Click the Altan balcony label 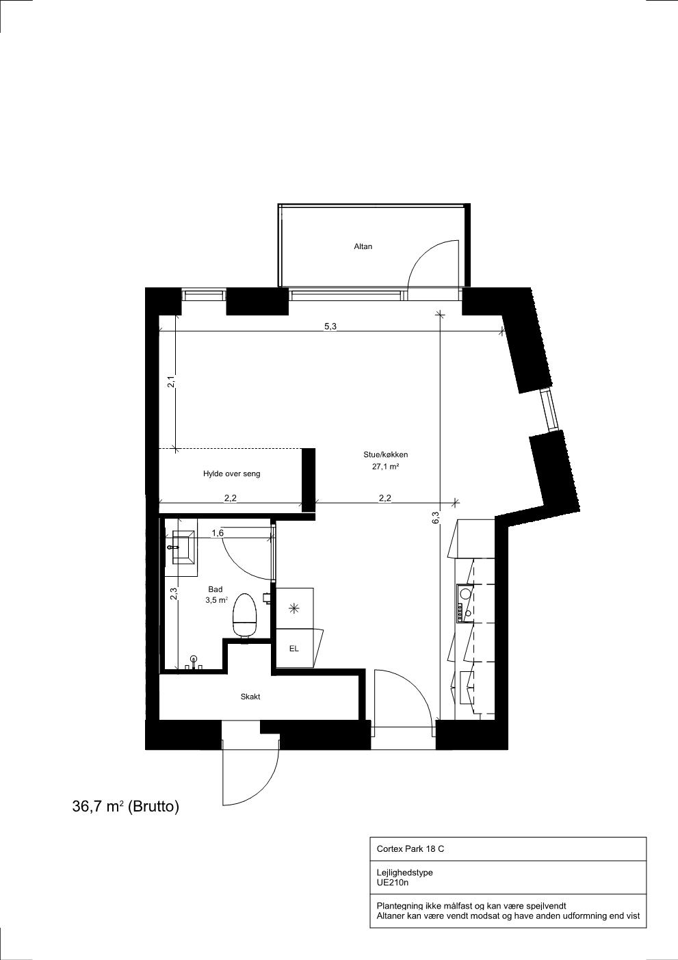click(x=363, y=246)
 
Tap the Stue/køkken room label click(x=385, y=455)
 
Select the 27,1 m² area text click(x=386, y=467)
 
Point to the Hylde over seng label click(x=231, y=474)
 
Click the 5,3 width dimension click(x=330, y=326)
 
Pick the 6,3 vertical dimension click(x=436, y=518)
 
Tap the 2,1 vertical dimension click(x=170, y=381)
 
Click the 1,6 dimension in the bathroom click(x=218, y=533)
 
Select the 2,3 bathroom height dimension click(x=174, y=593)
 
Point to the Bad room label click(x=215, y=589)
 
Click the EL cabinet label click(x=294, y=649)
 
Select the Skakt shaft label click(x=250, y=697)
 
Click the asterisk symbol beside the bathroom click(x=294, y=608)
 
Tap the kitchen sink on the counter click(x=465, y=593)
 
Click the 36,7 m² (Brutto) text click(x=126, y=807)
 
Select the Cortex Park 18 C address click(x=410, y=848)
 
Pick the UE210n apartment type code click(x=393, y=883)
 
